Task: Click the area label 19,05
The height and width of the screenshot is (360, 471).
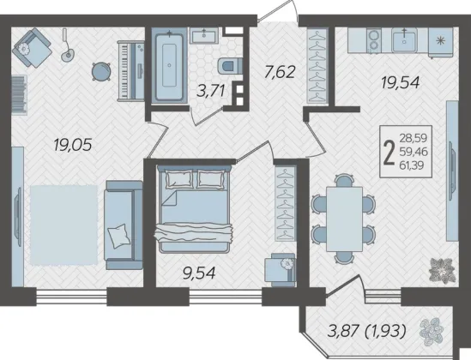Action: pos(72,146)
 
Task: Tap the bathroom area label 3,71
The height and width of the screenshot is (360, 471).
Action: pos(210,91)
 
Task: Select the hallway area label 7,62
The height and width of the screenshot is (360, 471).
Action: pos(280,72)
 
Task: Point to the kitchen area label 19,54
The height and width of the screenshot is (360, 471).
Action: pos(400,82)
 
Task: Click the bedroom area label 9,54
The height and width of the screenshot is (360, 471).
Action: pos(199,273)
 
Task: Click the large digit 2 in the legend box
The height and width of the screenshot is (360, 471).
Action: pos(389,152)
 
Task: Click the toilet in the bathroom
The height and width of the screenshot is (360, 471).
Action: pos(230,66)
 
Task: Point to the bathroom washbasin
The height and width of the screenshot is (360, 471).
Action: pos(204,35)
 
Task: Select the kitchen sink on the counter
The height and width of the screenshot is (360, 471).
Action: pos(404,40)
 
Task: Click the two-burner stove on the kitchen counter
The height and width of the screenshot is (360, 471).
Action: pos(374,40)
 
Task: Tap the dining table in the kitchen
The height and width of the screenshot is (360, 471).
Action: pos(344,219)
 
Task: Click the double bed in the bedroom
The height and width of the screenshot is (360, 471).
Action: pos(194,208)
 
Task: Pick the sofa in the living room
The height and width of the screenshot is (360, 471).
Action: pos(124,225)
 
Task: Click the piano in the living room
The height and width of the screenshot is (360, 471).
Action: pos(131,71)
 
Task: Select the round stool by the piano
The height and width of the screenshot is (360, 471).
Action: pos(101,72)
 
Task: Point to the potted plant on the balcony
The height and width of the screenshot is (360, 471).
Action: pos(431,332)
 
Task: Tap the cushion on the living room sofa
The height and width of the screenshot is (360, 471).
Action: pos(119,236)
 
